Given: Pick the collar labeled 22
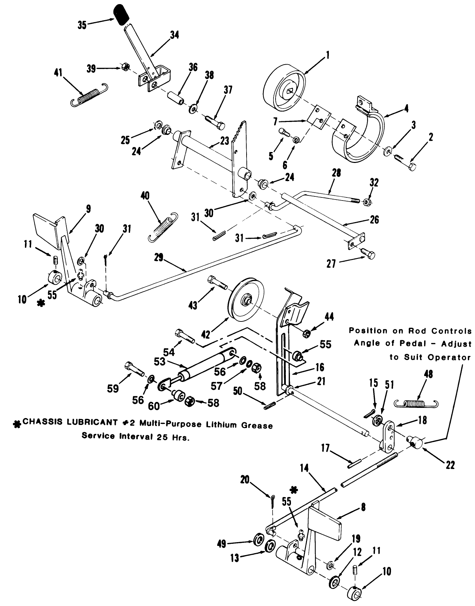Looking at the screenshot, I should pos(416,442).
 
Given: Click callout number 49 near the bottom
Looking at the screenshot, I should pos(222,543).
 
